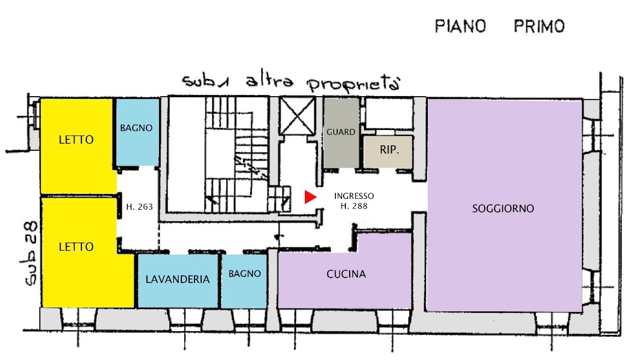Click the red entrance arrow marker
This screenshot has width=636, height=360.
pyautogui.click(x=310, y=197)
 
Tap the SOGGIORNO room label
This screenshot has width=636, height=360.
pyautogui.click(x=503, y=209)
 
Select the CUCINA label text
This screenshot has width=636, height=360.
pyautogui.click(x=346, y=274)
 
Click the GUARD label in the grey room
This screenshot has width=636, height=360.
pyautogui.click(x=341, y=132)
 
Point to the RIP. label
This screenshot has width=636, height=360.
pyautogui.click(x=389, y=148)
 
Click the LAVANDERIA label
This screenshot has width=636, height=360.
pyautogui.click(x=178, y=279)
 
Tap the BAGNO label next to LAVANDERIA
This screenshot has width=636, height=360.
pyautogui.click(x=244, y=274)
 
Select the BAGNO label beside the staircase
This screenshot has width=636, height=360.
pyautogui.click(x=136, y=128)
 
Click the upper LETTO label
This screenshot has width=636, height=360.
pyautogui.click(x=76, y=140)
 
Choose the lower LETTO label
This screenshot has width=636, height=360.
pyautogui.click(x=76, y=247)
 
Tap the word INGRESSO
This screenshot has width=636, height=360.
pyautogui.click(x=354, y=196)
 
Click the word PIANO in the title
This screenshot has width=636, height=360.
pyautogui.click(x=460, y=26)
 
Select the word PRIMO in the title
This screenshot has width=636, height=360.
pyautogui.click(x=539, y=26)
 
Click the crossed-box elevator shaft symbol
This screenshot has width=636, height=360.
pyautogui.click(x=296, y=115)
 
